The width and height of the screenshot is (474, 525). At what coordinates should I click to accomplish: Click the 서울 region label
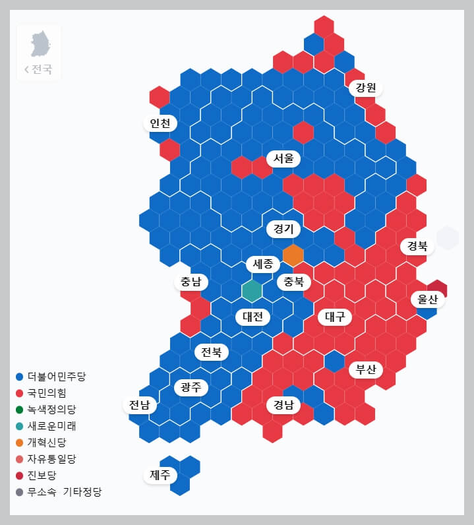tap(283, 159)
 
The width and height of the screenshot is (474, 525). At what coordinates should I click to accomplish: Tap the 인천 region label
tap(160, 123)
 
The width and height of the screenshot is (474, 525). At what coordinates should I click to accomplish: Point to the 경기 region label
tap(283, 229)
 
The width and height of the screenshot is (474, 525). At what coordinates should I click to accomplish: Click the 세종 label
tap(263, 264)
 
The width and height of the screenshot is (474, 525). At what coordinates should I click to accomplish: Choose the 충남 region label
tap(191, 282)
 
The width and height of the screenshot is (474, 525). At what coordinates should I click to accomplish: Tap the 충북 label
tap(293, 282)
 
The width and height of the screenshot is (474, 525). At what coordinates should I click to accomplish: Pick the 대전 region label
tap(252, 317)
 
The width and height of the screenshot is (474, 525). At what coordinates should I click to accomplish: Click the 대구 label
tap(335, 317)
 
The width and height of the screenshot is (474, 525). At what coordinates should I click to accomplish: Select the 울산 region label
tap(427, 299)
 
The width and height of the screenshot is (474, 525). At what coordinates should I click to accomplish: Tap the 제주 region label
tap(160, 475)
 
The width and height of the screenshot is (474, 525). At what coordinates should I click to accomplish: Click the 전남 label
tap(140, 405)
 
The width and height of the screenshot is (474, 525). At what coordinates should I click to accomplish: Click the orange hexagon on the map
tap(293, 255)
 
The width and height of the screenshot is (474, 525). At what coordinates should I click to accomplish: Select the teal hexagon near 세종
tap(252, 290)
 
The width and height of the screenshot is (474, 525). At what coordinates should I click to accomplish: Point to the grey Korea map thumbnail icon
tap(40, 44)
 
